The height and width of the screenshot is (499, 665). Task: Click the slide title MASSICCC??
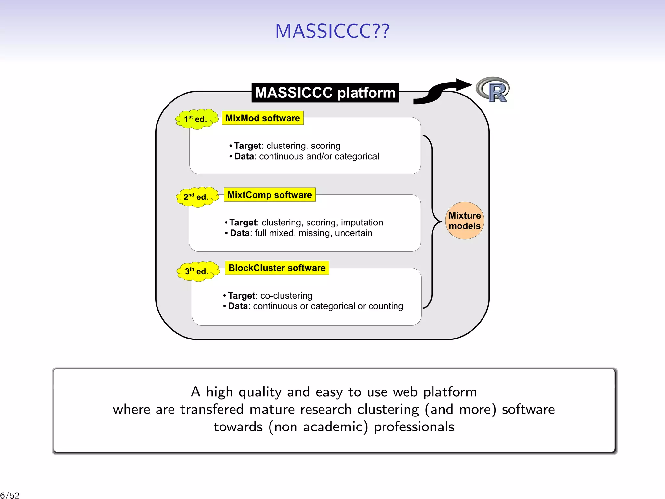[x=332, y=31]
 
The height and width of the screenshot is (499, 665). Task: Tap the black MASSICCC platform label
[x=325, y=93]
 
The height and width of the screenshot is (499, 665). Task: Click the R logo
[x=493, y=90]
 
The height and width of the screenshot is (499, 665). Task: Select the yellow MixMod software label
[x=262, y=118]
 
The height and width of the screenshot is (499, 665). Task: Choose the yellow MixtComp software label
[x=270, y=195]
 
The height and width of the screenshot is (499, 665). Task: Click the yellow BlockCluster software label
[x=277, y=268]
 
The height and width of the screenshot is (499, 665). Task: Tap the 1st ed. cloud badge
[x=196, y=119]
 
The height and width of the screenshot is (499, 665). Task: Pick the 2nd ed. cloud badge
[x=197, y=197]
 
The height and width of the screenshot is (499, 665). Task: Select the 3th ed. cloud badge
[x=197, y=271]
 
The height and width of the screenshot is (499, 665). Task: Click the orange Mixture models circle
[x=464, y=221]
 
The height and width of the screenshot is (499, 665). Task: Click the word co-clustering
[x=286, y=296]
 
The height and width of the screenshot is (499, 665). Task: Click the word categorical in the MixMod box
[x=357, y=157]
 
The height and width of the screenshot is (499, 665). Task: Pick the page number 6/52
[x=10, y=495]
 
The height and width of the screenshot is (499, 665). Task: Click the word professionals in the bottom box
[x=414, y=427]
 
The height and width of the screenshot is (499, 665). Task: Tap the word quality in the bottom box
[x=260, y=392]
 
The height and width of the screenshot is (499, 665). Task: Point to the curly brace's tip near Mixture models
[x=441, y=222]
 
